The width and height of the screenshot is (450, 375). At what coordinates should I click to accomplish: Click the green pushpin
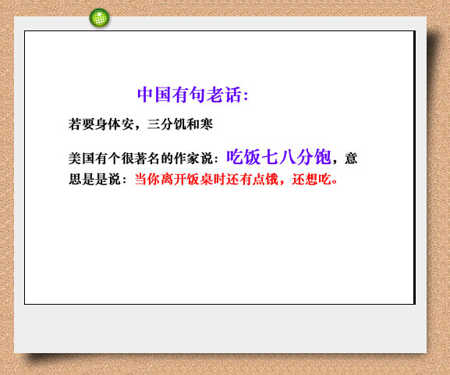99,18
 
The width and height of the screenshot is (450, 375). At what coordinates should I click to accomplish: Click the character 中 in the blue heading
145,95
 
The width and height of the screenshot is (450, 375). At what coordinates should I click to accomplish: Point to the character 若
75,124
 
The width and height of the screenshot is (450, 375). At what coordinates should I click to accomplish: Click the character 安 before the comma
127,124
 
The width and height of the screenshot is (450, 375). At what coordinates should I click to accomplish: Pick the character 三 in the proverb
154,124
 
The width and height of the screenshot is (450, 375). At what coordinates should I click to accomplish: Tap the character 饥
180,124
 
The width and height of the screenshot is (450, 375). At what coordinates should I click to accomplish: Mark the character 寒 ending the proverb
207,124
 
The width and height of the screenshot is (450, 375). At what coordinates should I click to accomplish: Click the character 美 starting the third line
75,159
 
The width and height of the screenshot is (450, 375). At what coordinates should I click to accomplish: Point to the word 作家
186,159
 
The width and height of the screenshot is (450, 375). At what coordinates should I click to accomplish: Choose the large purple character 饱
323,157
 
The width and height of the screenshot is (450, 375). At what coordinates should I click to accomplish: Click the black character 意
351,159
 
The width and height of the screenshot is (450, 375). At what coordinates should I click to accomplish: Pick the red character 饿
271,180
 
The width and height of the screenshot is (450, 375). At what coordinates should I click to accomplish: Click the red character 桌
207,180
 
